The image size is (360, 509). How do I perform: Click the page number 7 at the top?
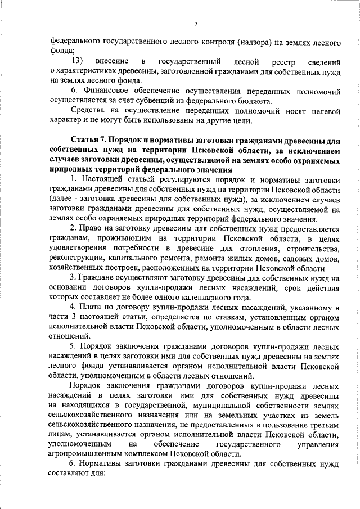(x=195, y=24)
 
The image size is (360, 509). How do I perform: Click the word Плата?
(x=90, y=308)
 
